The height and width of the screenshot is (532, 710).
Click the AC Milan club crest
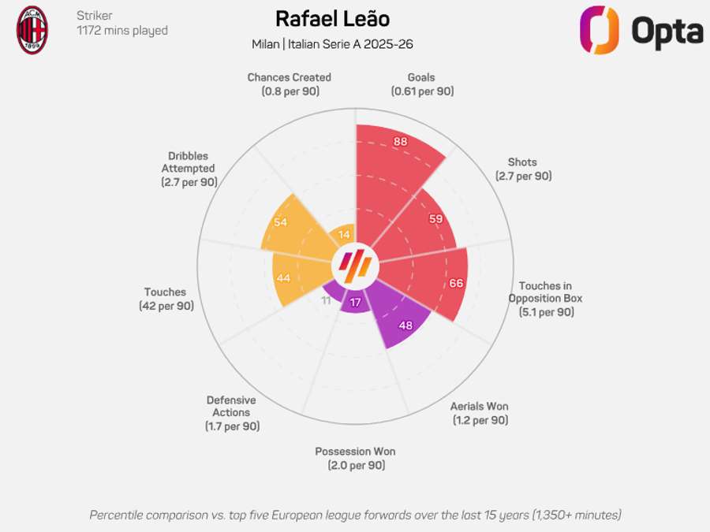[32, 30]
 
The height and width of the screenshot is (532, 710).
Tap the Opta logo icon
[599, 30]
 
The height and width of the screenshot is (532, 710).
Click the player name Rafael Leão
[332, 19]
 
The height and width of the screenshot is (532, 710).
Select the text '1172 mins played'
[121, 31]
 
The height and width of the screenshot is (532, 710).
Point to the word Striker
[94, 16]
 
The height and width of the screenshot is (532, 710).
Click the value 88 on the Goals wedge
[400, 142]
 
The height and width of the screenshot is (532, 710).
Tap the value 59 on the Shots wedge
[435, 218]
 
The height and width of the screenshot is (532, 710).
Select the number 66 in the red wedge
[455, 283]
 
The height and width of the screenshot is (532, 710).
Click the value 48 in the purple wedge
[405, 324]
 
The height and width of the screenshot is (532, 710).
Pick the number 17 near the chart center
[356, 303]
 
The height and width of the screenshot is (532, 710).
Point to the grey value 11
[327, 299]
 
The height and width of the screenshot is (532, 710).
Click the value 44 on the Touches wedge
[282, 278]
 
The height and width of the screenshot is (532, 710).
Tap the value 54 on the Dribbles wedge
[280, 222]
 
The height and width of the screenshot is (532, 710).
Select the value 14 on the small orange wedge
[344, 234]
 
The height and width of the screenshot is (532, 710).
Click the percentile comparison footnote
[355, 515]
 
